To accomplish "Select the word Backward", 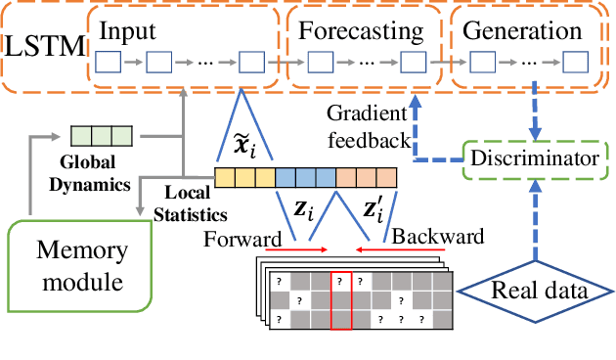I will tap(431, 238).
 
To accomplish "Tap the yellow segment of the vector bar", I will tap(244, 178).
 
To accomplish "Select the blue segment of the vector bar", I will tap(305, 178).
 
